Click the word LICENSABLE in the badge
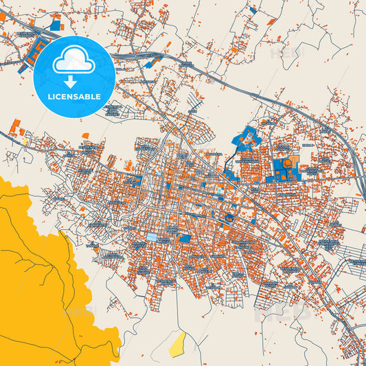[73, 97]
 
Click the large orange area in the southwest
[41, 275]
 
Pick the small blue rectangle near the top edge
[253, 10]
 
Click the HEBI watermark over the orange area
[78, 312]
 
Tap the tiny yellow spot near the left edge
[25, 142]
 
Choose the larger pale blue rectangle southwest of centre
[152, 237]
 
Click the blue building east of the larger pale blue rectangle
[183, 238]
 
